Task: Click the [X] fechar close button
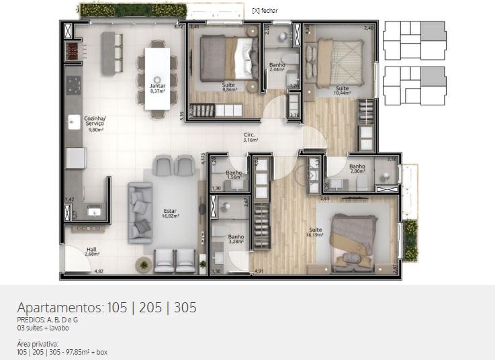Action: point(265,11)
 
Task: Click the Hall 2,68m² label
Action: point(92,252)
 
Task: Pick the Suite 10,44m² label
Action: point(343,91)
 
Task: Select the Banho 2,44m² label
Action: point(277,67)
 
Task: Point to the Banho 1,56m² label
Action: point(234,175)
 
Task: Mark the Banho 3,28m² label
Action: point(235,239)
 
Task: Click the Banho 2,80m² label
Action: point(357,169)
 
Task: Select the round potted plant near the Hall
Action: point(143,265)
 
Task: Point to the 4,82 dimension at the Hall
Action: point(99,271)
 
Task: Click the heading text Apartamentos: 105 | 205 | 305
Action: point(107,308)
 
